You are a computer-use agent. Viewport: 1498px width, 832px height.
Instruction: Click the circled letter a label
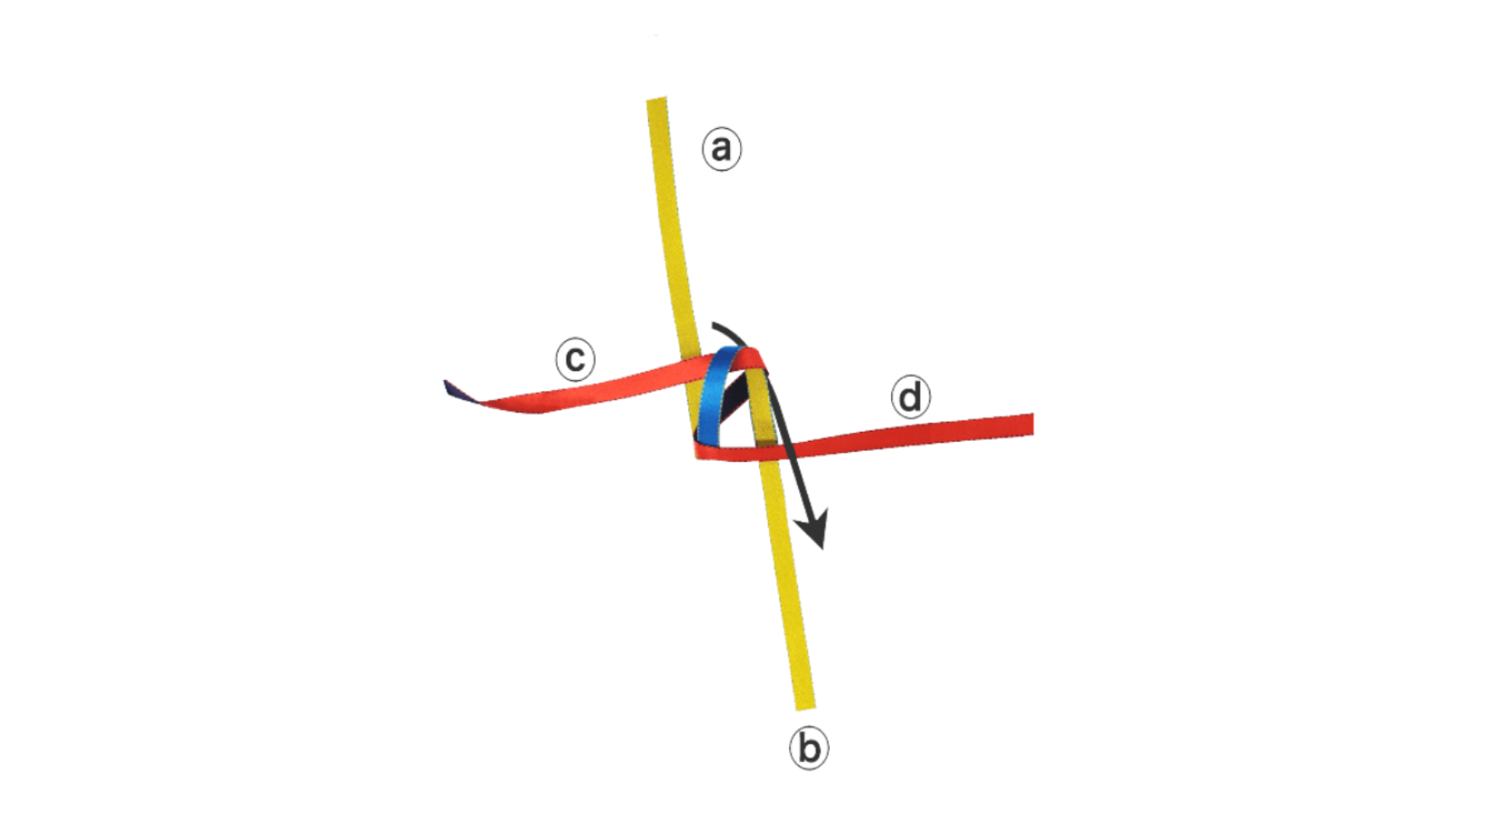pyautogui.click(x=722, y=149)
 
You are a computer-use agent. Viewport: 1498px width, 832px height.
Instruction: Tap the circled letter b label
pyautogui.click(x=809, y=748)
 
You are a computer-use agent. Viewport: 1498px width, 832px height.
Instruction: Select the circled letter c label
pyautogui.click(x=575, y=359)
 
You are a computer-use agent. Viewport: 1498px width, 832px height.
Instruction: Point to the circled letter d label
pyautogui.click(x=910, y=397)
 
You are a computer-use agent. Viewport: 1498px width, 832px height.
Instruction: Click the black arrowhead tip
pyautogui.click(x=821, y=547)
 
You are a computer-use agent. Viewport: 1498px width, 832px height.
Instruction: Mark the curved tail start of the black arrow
pyautogui.click(x=714, y=324)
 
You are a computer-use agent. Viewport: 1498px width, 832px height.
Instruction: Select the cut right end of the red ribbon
pyautogui.click(x=1030, y=424)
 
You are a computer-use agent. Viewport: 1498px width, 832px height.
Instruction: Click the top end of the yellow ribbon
pyautogui.click(x=657, y=102)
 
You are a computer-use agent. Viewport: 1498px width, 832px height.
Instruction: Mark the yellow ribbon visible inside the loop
pyautogui.click(x=759, y=408)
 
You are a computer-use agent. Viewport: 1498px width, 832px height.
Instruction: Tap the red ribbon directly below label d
pyautogui.click(x=911, y=433)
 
